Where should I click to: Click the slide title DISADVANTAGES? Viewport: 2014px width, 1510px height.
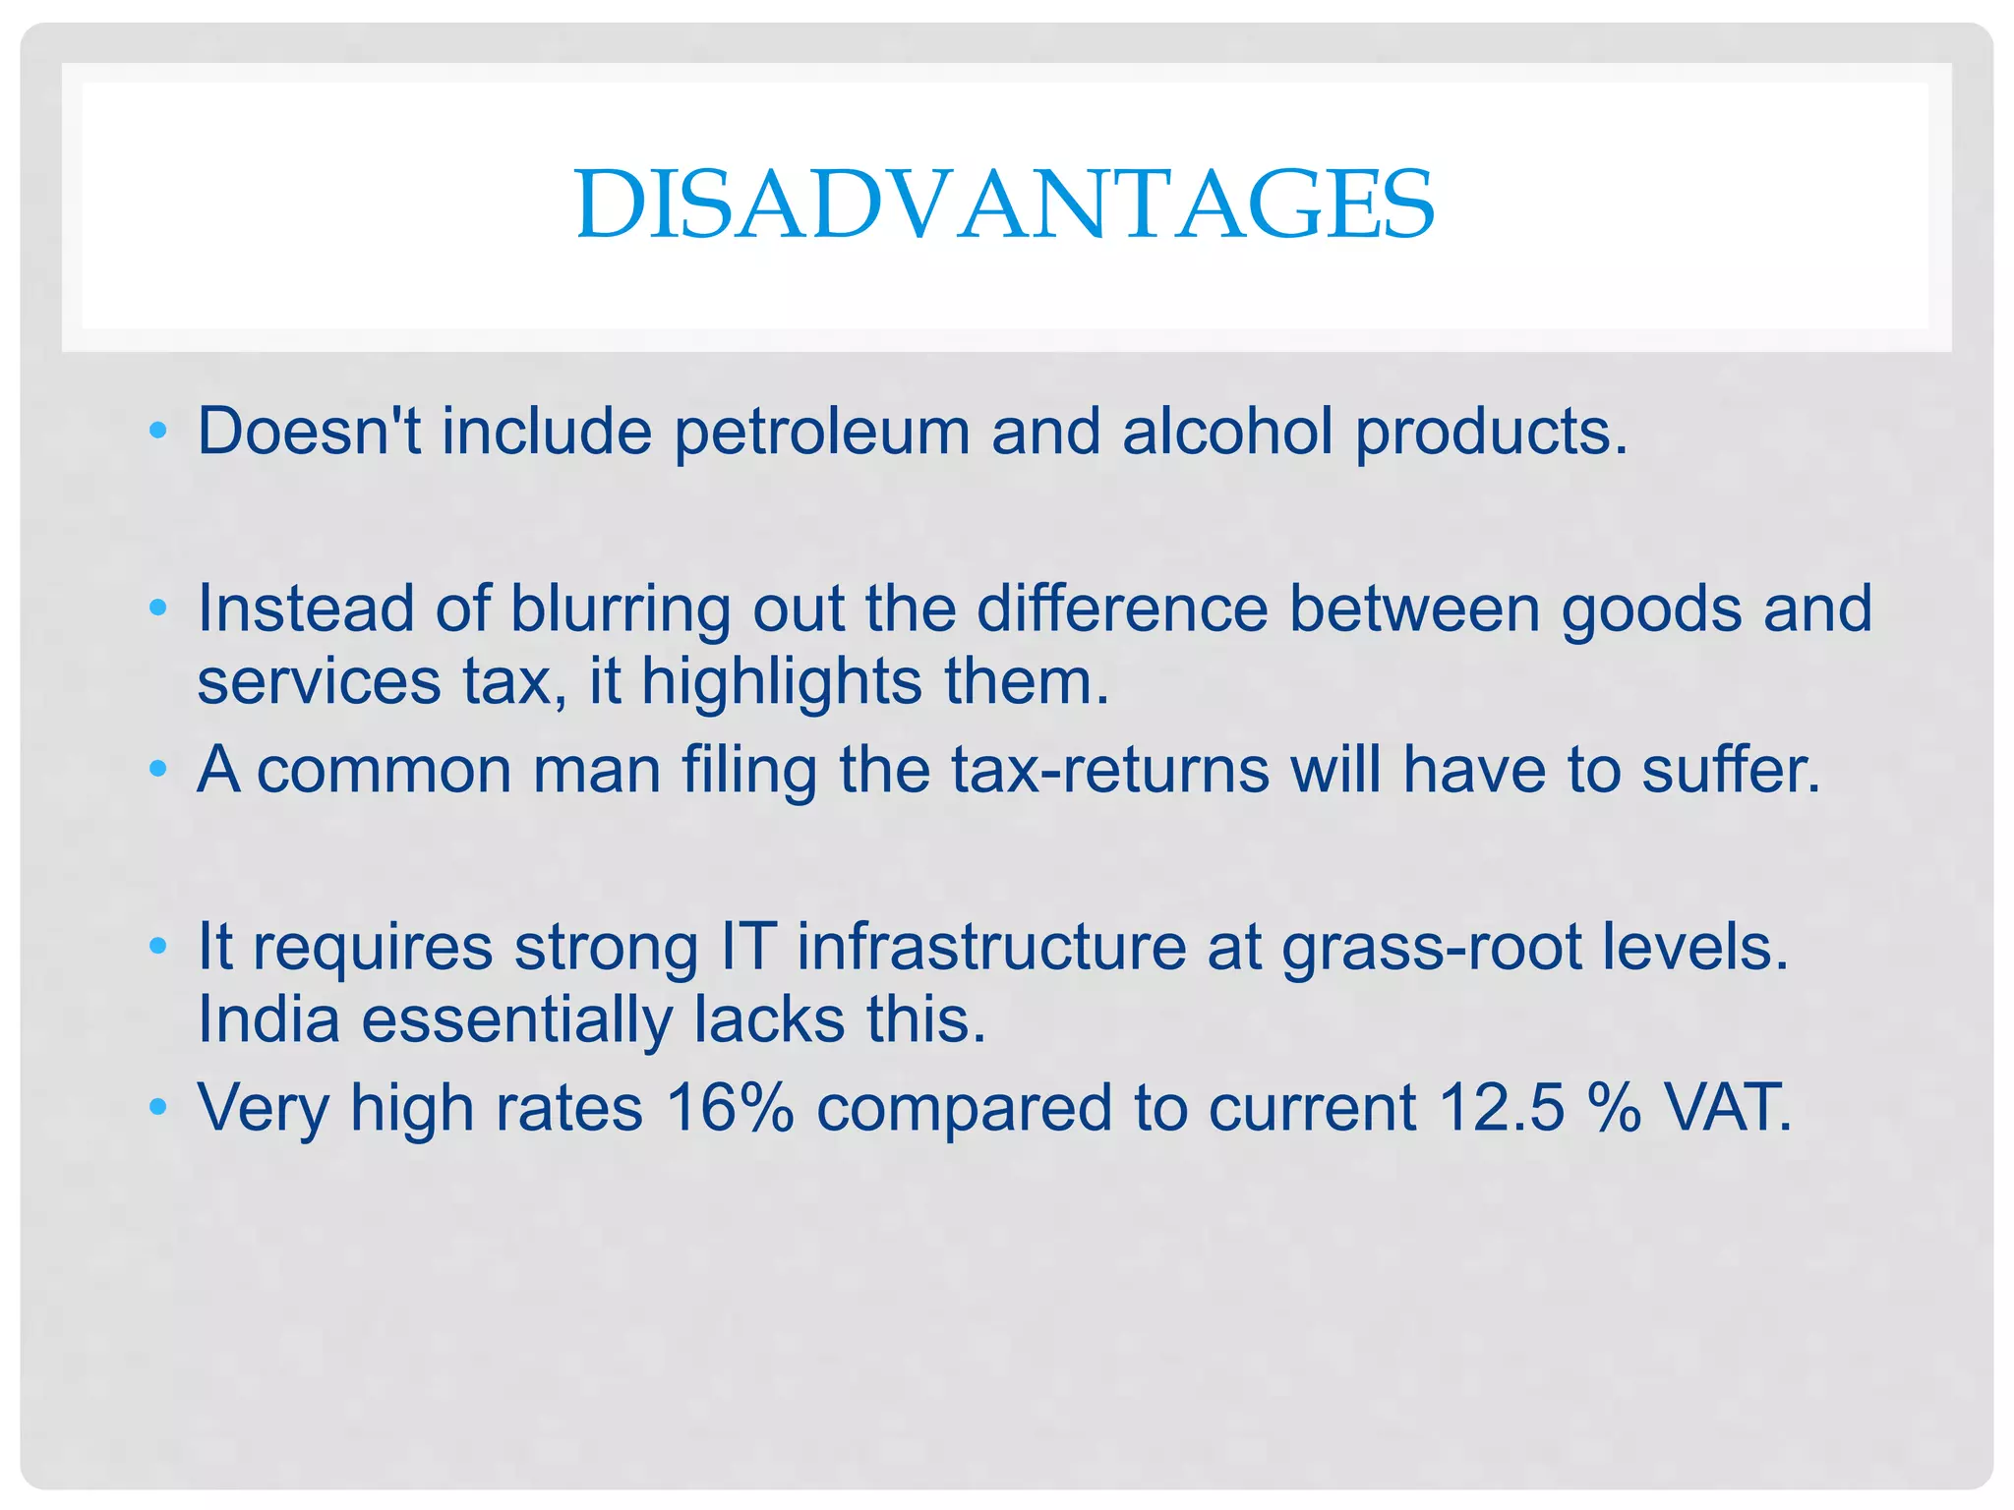click(x=1005, y=203)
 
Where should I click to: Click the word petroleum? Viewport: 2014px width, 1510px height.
click(x=821, y=433)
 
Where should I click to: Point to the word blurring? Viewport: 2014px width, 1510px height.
click(x=620, y=610)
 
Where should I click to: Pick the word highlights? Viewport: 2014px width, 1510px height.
click(x=781, y=682)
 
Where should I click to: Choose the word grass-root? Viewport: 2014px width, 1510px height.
click(x=1432, y=948)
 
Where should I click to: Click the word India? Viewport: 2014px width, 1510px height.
click(x=268, y=1019)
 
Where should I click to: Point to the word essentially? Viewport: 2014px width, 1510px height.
click(x=516, y=1020)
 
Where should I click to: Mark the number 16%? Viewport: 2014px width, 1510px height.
click(x=729, y=1108)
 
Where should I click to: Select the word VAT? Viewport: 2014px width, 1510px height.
click(x=1727, y=1108)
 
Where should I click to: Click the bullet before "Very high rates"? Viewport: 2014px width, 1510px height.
click(x=158, y=1109)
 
